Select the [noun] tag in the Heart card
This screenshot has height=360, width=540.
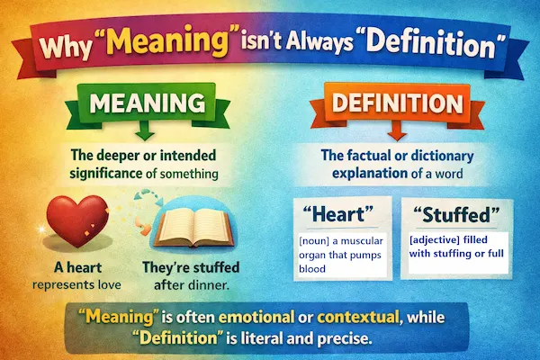(x=317, y=242)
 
